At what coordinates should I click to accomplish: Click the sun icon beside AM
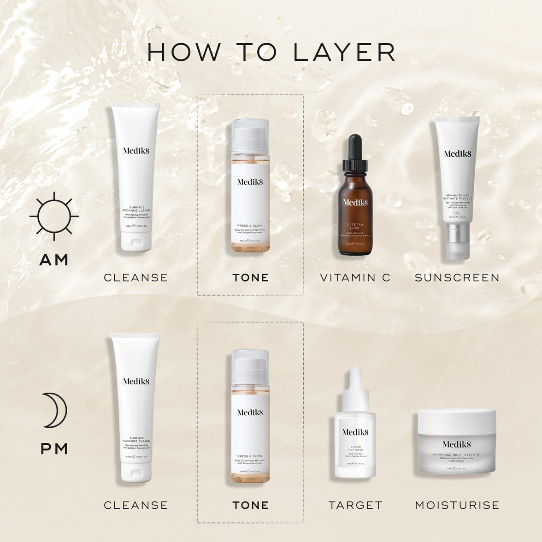pos(54,216)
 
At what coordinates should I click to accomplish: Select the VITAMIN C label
pos(355,277)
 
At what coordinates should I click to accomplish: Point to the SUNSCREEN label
pos(457,277)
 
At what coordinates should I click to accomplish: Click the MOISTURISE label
pos(457,505)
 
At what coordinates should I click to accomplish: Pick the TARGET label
pos(355,505)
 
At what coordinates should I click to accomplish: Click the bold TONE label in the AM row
pos(250,277)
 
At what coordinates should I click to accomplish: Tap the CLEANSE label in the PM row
pos(136,505)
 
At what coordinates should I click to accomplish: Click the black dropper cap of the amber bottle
pos(354,152)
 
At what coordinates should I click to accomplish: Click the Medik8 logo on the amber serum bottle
pos(355,202)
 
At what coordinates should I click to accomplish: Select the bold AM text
pos(54,260)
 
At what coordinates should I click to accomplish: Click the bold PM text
pos(54,449)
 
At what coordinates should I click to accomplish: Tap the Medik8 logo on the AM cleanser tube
pos(136,150)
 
